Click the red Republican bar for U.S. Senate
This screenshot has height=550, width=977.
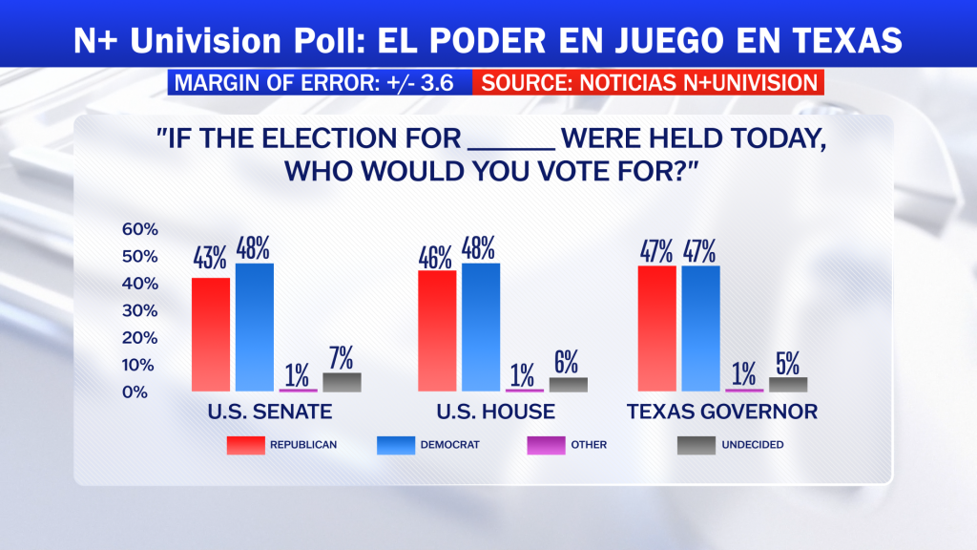[x=211, y=335]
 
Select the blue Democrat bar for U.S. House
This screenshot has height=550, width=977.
[x=481, y=328]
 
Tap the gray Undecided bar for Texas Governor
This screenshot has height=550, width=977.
[x=788, y=385]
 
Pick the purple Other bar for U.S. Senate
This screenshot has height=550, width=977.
[x=298, y=391]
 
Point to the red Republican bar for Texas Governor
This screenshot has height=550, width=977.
[x=656, y=328]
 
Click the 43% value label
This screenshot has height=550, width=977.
[x=209, y=258]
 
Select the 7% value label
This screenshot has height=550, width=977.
[x=341, y=358]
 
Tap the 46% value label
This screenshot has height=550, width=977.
[x=435, y=258]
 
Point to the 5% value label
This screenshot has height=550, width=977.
[x=787, y=364]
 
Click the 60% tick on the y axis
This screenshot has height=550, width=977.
[x=140, y=229]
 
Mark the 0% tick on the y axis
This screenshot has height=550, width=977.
[x=135, y=392]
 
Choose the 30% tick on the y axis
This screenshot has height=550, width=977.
[x=140, y=310]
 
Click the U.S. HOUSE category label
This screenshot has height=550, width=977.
[x=496, y=412]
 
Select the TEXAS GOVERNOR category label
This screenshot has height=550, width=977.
[x=722, y=412]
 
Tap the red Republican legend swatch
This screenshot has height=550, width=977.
[x=245, y=445]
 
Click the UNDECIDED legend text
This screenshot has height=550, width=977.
[x=753, y=445]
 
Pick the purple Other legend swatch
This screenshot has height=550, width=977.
[x=546, y=445]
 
